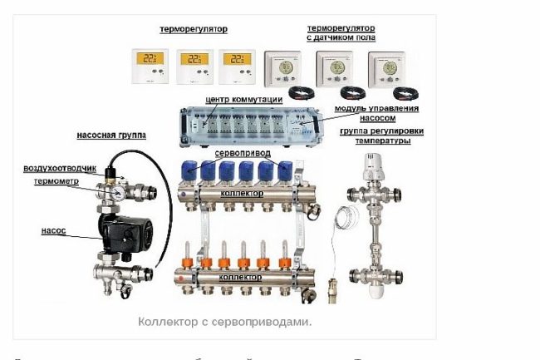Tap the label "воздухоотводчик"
click(x=56, y=169)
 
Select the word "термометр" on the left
click(x=57, y=180)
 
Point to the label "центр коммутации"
click(x=244, y=100)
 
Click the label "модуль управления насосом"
click(x=376, y=113)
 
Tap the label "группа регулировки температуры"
click(x=375, y=136)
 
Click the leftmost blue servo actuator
click(x=188, y=171)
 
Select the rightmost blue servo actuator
click(x=286, y=171)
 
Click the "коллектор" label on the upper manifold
click(x=242, y=193)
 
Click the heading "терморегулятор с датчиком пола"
click(x=341, y=33)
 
